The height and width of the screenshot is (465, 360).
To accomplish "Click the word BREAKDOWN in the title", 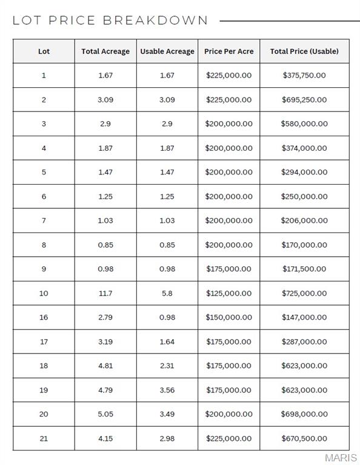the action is pos(155,21).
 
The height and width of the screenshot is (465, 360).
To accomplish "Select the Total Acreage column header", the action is pos(105,51).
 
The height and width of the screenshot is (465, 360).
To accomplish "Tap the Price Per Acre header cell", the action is pos(229,51).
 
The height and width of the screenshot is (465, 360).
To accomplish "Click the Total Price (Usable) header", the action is pos(304,51).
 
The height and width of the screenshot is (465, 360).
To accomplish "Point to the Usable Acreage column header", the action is pos(167,51).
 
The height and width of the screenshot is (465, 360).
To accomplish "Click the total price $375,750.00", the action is pos(304,76).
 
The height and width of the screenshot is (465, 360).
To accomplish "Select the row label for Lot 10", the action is pos(44,293).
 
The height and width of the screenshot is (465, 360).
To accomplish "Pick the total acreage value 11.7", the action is pos(105,293).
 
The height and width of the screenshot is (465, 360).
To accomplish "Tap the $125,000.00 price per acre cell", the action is pos(229,293).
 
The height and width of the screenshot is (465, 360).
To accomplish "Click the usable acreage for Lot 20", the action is pos(167,414).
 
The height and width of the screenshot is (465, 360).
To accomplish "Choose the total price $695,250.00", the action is pos(304,100).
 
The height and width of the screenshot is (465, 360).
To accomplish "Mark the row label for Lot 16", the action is pos(44,317).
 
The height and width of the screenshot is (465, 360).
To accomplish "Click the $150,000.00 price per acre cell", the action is pos(229,317).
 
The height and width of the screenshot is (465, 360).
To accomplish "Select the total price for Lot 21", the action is pos(304,438).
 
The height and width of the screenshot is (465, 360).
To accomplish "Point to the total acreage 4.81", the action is pos(105,366).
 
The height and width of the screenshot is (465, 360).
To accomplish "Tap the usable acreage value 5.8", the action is pos(167,293).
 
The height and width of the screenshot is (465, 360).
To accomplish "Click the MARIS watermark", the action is pos(341,458).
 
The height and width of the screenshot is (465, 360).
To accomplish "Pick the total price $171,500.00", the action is pos(304,269).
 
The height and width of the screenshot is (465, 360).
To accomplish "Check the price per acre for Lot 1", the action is pos(229,76).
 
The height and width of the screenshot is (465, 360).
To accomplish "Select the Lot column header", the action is pos(44,51).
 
